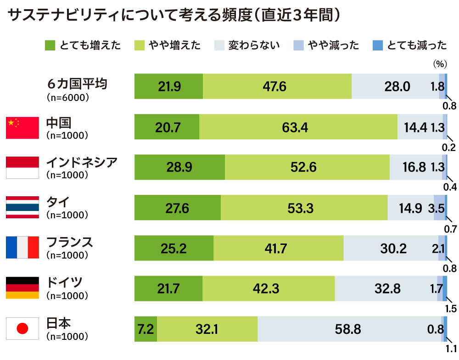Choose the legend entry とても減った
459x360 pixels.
click(x=411, y=45)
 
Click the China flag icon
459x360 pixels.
click(x=22, y=127)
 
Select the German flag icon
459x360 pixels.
click(x=22, y=288)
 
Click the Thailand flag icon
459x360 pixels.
click(x=22, y=208)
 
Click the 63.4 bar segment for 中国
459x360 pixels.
click(x=298, y=127)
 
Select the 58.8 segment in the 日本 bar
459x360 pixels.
click(x=349, y=329)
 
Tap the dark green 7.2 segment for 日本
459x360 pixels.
click(x=146, y=329)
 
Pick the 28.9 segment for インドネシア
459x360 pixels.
click(x=179, y=167)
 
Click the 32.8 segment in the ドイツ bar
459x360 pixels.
click(x=386, y=288)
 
